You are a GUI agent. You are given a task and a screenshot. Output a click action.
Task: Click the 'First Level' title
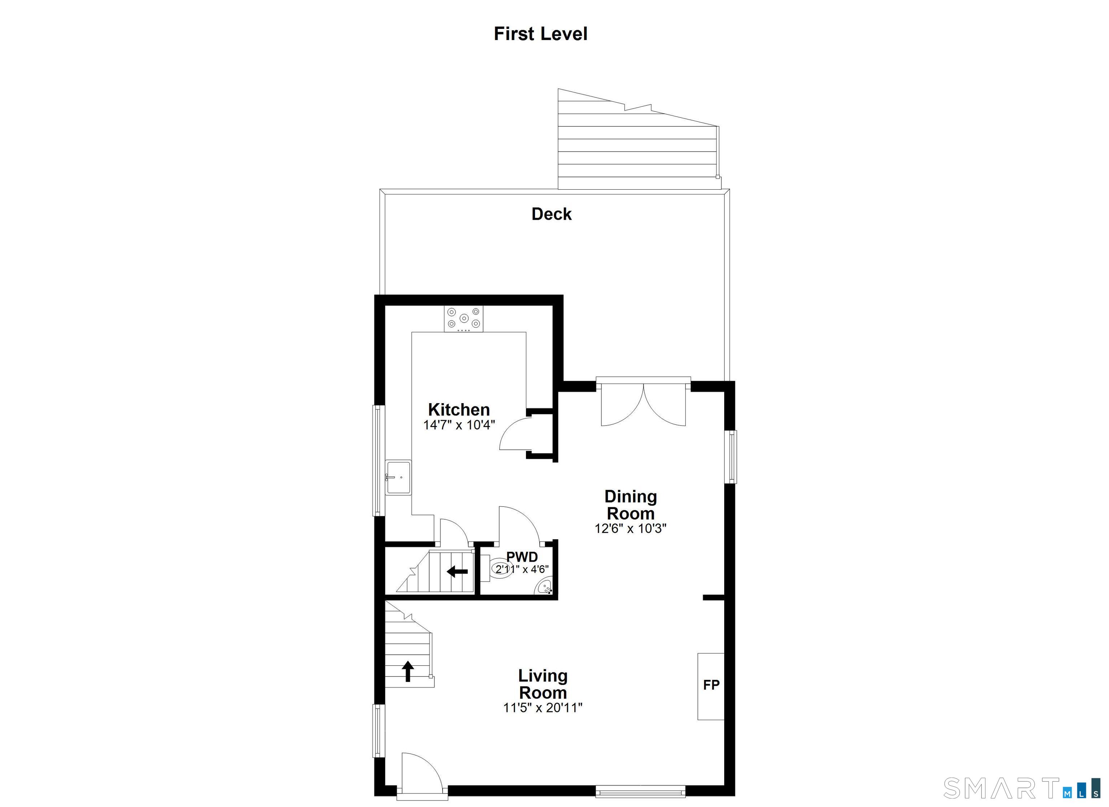540,34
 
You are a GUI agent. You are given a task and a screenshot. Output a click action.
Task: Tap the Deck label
552,214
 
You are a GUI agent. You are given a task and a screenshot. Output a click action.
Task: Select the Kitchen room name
459,409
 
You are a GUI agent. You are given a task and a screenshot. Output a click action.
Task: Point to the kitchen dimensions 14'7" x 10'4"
459,425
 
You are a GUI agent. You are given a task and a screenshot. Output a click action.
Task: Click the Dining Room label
631,505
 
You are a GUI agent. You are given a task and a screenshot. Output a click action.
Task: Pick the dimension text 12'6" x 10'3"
631,528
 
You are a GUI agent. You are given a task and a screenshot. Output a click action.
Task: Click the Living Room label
543,684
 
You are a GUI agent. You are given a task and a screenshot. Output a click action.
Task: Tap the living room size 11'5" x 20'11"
543,708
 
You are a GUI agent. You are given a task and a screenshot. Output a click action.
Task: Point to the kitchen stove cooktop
464,319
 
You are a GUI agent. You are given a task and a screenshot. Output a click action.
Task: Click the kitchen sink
398,478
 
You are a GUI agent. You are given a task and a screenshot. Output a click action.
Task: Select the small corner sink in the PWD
546,586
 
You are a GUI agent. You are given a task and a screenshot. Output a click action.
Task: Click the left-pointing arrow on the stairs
457,571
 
